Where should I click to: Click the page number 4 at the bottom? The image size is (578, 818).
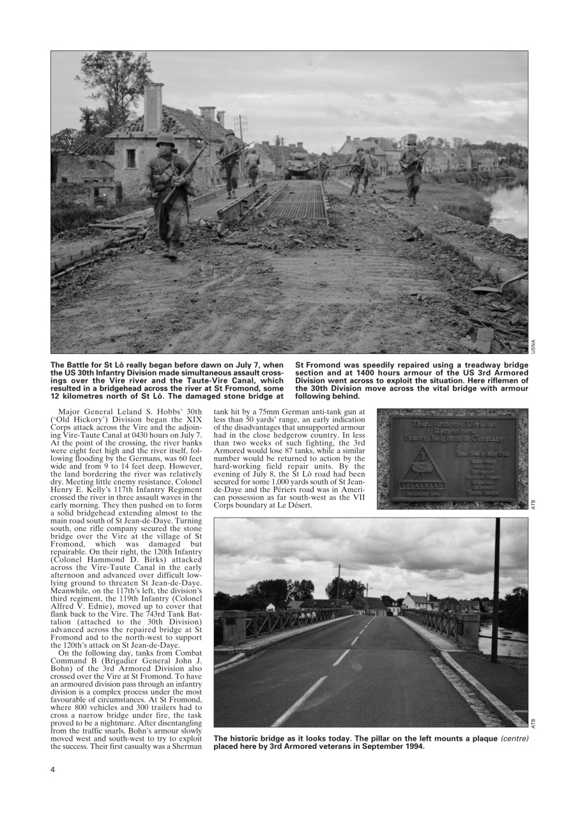click(x=53, y=769)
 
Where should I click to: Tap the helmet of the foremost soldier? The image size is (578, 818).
click(x=165, y=140)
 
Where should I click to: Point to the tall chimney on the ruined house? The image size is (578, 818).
click(x=153, y=107)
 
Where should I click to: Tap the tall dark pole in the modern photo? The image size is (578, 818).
click(x=496, y=588)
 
